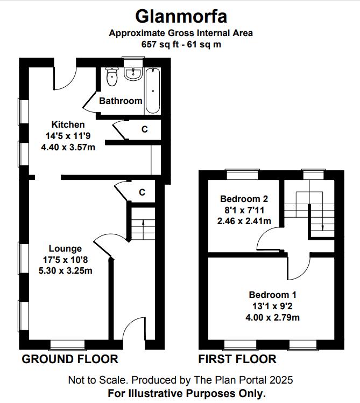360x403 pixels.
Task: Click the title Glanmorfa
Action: click(181, 17)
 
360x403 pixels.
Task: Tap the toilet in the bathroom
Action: click(112, 77)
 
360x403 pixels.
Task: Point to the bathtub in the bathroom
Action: click(153, 91)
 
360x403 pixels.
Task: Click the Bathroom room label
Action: click(121, 101)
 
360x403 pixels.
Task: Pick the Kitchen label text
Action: click(68, 124)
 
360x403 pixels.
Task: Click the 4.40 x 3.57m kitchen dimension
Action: click(68, 147)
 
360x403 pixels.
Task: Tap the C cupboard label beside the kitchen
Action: click(145, 129)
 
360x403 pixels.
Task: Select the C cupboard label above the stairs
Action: click(142, 192)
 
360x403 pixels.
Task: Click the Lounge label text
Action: click(65, 248)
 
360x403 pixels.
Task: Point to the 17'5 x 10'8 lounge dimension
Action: click(65, 260)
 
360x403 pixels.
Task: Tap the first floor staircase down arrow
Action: click(323, 223)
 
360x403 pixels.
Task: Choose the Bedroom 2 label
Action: click(244, 199)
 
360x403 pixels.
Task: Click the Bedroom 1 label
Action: click(272, 295)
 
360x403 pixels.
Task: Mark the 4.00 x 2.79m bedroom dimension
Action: click(272, 317)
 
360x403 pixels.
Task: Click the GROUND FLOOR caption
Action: click(70, 359)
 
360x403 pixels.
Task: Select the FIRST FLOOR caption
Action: click(237, 359)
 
